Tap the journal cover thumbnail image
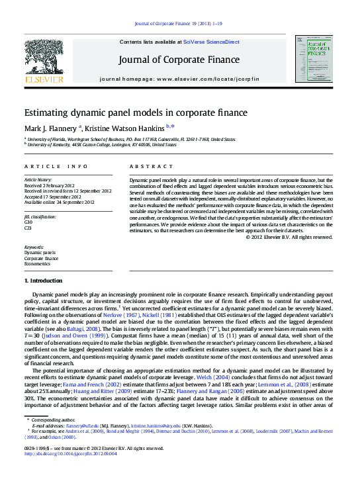(x=315, y=60)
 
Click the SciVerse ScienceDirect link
(x=211, y=42)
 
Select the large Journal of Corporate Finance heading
(x=179, y=60)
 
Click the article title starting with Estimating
(x=135, y=112)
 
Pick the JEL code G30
(x=28, y=222)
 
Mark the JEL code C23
(x=28, y=227)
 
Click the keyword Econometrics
(x=38, y=263)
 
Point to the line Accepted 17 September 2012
(x=52, y=196)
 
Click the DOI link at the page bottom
(x=70, y=453)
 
